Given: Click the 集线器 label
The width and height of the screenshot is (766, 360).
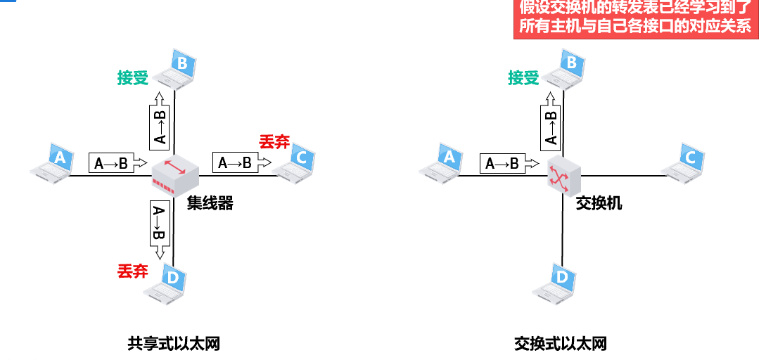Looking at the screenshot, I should [x=210, y=204].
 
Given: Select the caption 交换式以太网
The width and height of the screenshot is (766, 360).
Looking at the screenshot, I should [x=561, y=344].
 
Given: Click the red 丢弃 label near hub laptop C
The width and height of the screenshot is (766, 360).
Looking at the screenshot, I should [x=274, y=142].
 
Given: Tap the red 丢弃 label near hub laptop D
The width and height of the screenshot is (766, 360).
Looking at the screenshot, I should [x=132, y=270].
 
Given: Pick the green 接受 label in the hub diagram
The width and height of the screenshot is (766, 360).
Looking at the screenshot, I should [x=133, y=78].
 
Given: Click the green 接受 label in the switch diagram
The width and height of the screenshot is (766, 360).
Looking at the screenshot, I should [x=523, y=78].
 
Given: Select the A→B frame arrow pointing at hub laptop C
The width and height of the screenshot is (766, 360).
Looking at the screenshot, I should [x=241, y=163].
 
